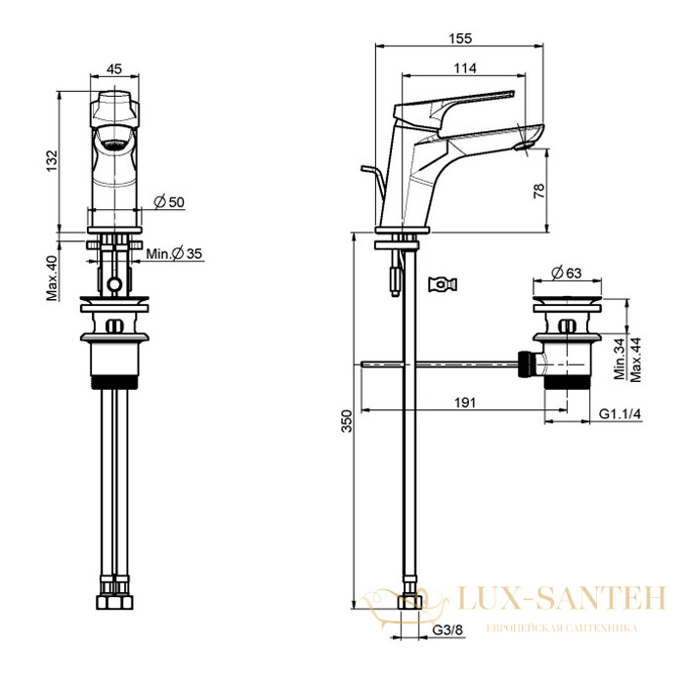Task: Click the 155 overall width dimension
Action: tap(460, 39)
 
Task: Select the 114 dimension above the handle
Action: tap(465, 68)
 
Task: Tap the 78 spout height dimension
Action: tap(539, 191)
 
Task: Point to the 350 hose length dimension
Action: tap(346, 420)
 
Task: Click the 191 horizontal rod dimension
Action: tap(465, 403)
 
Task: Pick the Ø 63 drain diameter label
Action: tap(566, 273)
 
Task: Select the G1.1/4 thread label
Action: tap(620, 413)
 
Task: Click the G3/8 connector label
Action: tap(448, 630)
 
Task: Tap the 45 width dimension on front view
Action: tap(114, 69)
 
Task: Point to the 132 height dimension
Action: tap(52, 160)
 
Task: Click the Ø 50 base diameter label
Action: tap(169, 202)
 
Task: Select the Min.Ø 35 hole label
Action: tap(174, 253)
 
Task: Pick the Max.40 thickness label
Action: tap(52, 278)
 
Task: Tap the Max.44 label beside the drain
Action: tap(635, 360)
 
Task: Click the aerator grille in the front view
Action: tap(114, 144)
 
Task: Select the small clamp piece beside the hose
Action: tap(443, 284)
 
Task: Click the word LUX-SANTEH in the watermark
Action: tap(561, 598)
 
